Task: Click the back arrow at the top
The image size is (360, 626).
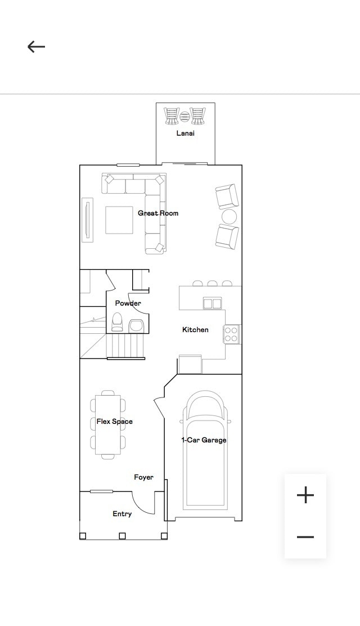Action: pyautogui.click(x=36, y=47)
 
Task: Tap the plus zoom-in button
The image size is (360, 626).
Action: pyautogui.click(x=305, y=495)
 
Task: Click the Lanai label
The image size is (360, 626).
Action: pyautogui.click(x=185, y=133)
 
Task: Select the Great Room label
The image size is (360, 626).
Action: pyautogui.click(x=158, y=213)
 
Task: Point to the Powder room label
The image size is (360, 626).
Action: pyautogui.click(x=128, y=303)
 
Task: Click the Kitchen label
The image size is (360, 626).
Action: pyautogui.click(x=195, y=329)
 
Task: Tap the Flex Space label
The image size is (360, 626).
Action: pyautogui.click(x=115, y=421)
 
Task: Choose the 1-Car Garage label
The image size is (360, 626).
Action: pyautogui.click(x=204, y=440)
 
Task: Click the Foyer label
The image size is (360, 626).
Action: pyautogui.click(x=143, y=477)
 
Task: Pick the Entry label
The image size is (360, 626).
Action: pyautogui.click(x=122, y=514)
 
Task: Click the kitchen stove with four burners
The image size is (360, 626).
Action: pyautogui.click(x=232, y=334)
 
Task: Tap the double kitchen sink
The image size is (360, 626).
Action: pyautogui.click(x=212, y=303)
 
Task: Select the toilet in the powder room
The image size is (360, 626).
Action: pyautogui.click(x=117, y=322)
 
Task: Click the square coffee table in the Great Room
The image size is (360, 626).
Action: pyautogui.click(x=119, y=220)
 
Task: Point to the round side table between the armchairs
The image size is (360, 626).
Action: pyautogui.click(x=229, y=216)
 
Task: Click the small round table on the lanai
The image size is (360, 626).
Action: pyautogui.click(x=185, y=116)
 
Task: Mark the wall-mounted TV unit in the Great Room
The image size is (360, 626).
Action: pyautogui.click(x=87, y=220)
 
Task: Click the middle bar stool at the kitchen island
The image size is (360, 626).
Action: pyautogui.click(x=212, y=284)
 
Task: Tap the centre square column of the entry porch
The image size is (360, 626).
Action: pyautogui.click(x=123, y=536)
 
